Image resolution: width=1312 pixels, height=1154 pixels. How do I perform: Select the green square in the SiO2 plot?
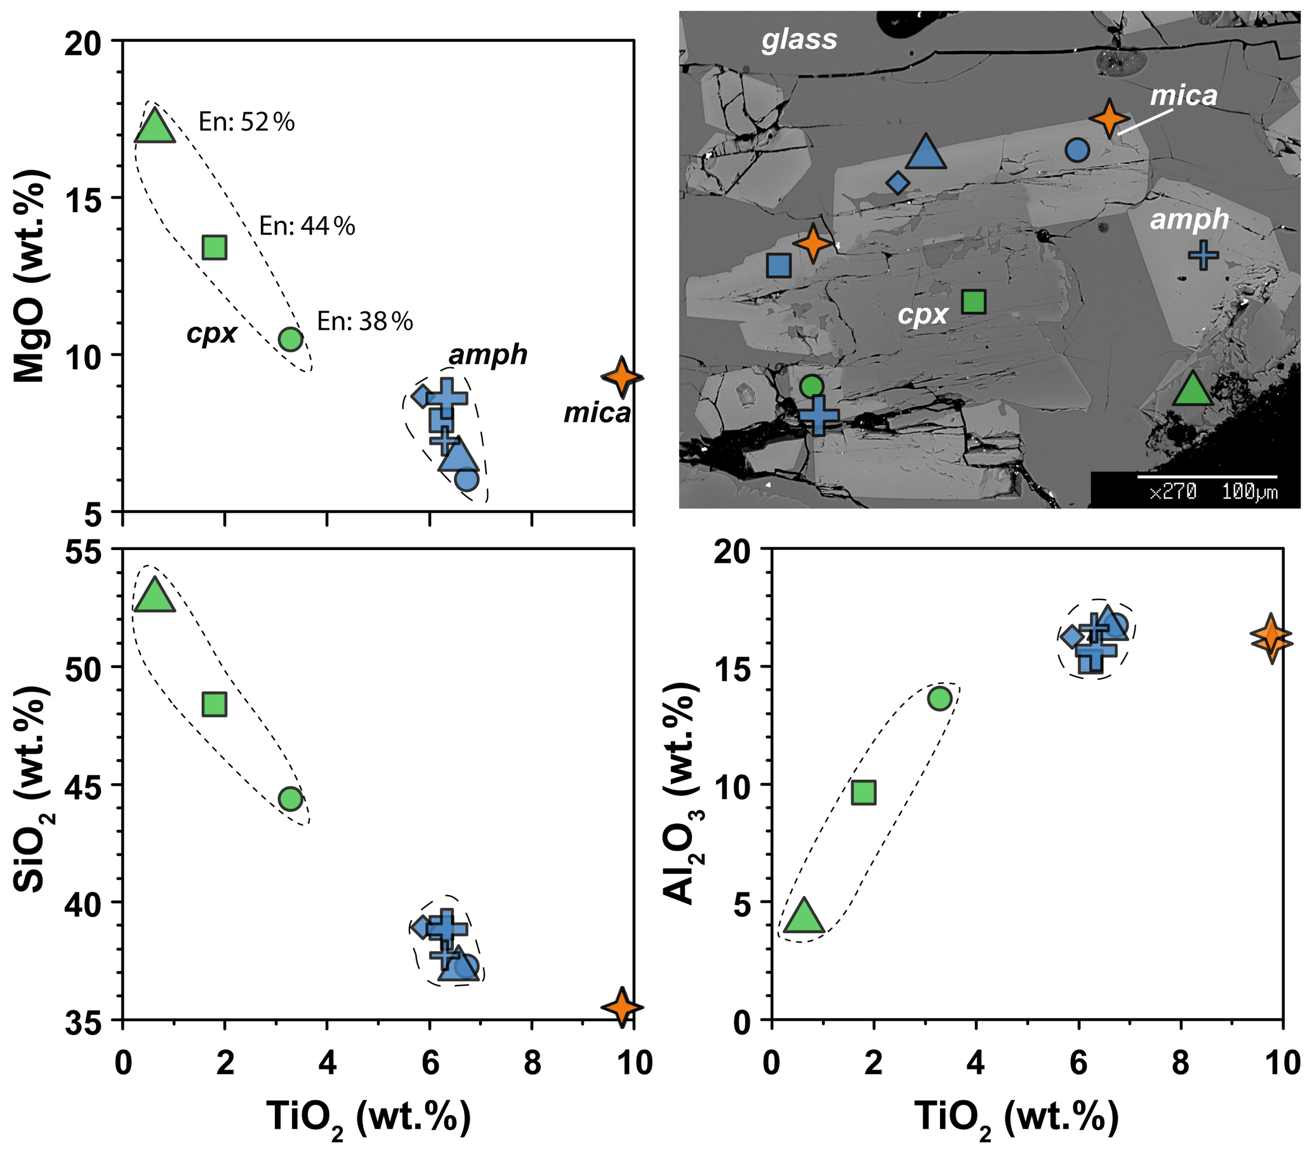point(214,704)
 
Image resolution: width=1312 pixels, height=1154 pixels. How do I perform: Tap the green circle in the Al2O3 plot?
point(939,698)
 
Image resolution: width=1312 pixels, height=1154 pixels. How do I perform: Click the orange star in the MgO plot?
point(621,377)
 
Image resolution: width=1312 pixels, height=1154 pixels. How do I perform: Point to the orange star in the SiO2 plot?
point(621,1007)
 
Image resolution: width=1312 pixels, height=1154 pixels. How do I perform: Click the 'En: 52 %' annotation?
point(246,121)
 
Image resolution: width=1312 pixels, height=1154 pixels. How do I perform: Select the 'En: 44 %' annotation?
point(307,226)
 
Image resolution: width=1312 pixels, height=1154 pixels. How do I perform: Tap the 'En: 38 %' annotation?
point(364,321)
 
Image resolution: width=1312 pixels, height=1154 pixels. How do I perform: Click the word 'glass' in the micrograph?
point(799,40)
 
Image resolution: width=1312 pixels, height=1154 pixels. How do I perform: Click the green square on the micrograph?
point(974,301)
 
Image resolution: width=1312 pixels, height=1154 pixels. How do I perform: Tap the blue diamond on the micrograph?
point(898,183)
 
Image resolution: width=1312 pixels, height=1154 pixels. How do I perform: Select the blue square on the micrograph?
point(779,265)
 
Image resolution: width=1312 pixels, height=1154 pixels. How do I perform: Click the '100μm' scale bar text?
point(1249,493)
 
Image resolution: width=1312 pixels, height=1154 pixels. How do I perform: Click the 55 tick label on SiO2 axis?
point(83,553)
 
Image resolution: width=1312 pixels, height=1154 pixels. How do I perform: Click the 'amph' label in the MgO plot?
point(488,354)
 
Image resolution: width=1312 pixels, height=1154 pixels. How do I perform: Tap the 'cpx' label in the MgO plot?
point(212,333)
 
